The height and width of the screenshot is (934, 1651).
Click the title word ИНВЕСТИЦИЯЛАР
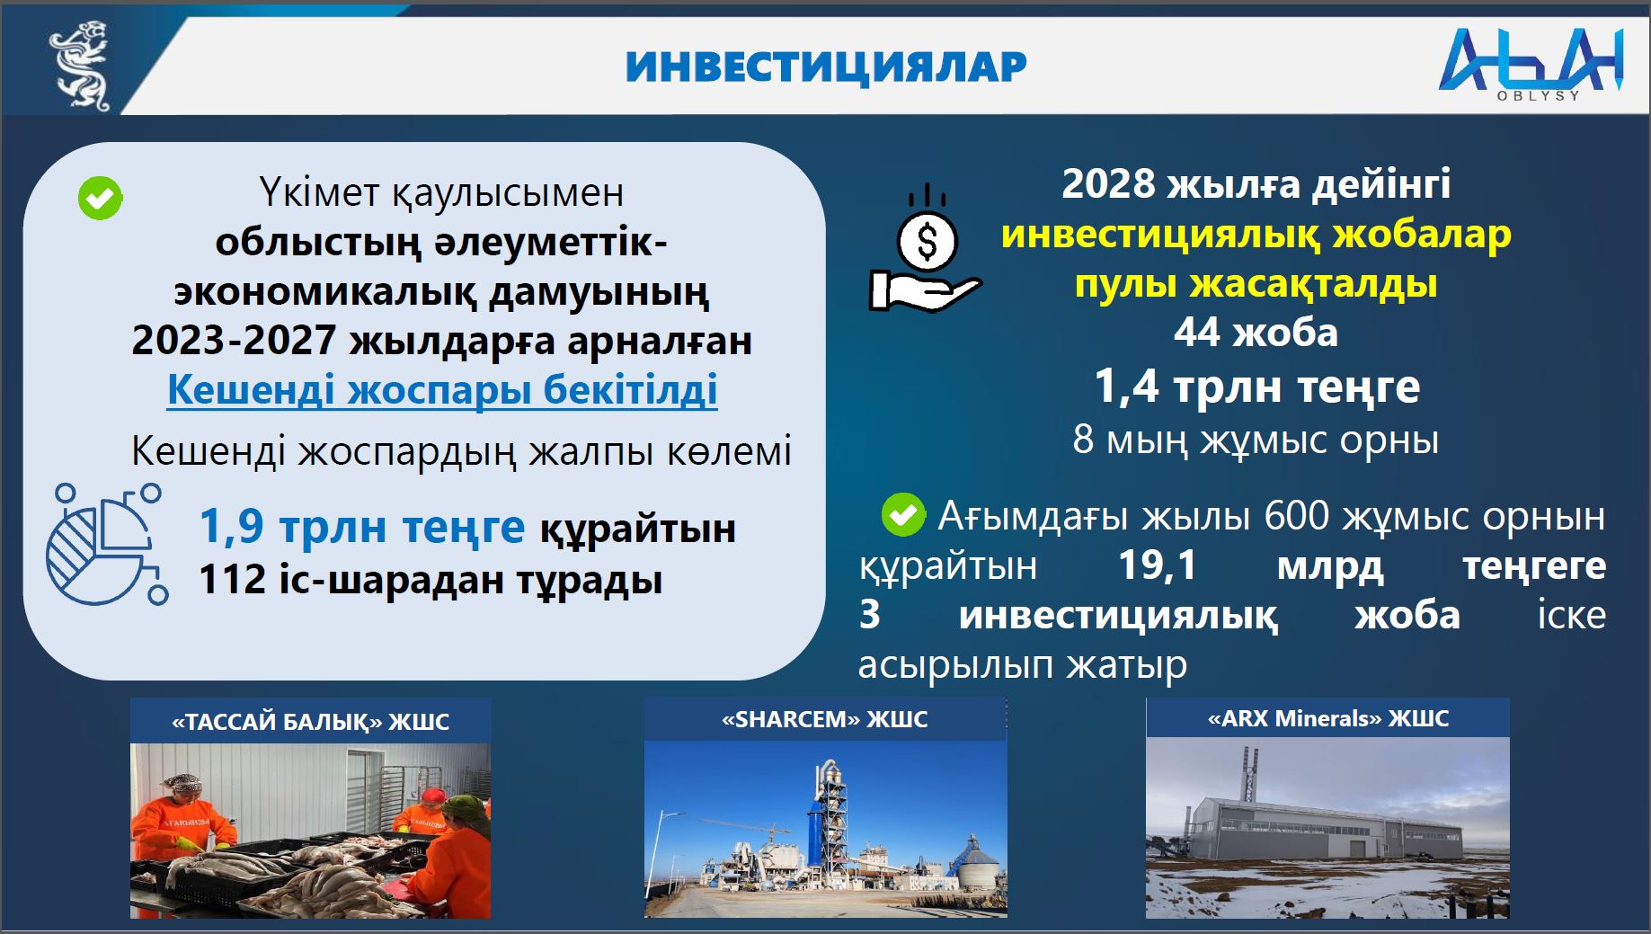pyautogui.click(x=826, y=67)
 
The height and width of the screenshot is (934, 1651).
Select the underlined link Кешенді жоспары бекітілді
pyautogui.click(x=442, y=389)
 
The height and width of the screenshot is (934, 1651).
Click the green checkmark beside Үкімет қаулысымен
pyautogui.click(x=100, y=198)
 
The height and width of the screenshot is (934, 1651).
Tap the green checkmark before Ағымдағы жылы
pyautogui.click(x=903, y=515)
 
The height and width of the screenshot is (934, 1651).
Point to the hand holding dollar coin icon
pyautogui.click(x=927, y=253)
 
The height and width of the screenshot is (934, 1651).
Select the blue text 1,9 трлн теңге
pyautogui.click(x=361, y=527)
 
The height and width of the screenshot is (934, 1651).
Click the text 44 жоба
pyautogui.click(x=1256, y=333)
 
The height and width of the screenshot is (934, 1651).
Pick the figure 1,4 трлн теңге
pyautogui.click(x=1256, y=387)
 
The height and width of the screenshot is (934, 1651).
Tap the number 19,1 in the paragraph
pyautogui.click(x=1158, y=565)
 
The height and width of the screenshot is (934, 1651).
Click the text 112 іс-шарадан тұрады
pyautogui.click(x=430, y=580)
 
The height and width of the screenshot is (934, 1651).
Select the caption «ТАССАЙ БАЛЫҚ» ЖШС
pyautogui.click(x=310, y=721)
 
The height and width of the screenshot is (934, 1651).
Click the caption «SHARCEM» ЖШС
pyautogui.click(x=825, y=719)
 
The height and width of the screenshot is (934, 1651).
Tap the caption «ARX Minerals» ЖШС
pyautogui.click(x=1327, y=718)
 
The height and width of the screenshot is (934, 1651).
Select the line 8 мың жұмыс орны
pyautogui.click(x=1256, y=440)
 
